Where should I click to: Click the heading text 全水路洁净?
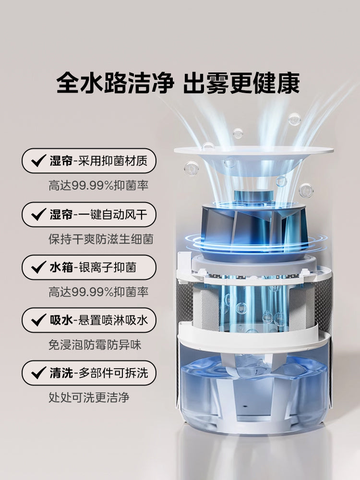click(x=115, y=83)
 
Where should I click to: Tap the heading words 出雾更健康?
click(x=241, y=83)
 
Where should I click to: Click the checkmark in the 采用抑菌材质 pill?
click(x=39, y=161)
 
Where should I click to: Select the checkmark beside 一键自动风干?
click(x=39, y=214)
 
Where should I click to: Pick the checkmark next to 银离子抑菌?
click(x=39, y=267)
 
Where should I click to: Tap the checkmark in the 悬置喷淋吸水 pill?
click(x=39, y=320)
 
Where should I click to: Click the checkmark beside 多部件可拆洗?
click(x=39, y=373)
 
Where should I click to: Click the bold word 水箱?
click(x=61, y=267)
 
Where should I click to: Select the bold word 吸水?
click(x=61, y=320)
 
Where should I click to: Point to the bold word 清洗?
click(x=61, y=373)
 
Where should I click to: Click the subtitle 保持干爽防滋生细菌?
click(x=101, y=239)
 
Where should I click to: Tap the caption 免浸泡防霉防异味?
click(x=95, y=345)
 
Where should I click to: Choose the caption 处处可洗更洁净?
click(x=89, y=397)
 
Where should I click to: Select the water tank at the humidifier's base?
click(x=254, y=395)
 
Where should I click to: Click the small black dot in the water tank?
click(x=245, y=407)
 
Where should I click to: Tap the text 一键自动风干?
click(x=113, y=214)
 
